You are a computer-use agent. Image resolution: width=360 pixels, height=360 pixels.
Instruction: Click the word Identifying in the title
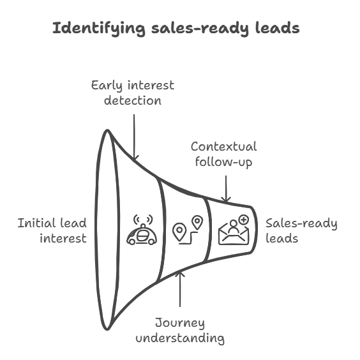click(99, 29)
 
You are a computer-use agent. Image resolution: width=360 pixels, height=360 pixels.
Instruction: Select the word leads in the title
click(278, 28)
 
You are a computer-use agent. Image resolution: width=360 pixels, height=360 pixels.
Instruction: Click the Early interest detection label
click(133, 93)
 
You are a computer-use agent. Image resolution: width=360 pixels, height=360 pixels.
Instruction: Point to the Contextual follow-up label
click(223, 154)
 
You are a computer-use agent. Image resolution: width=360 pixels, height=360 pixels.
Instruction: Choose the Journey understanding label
click(180, 331)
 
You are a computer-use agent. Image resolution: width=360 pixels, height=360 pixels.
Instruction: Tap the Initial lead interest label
click(52, 230)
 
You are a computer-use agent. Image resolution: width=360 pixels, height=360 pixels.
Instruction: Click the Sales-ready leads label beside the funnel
click(301, 230)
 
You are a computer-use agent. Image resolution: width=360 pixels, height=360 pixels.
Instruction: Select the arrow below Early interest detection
click(134, 137)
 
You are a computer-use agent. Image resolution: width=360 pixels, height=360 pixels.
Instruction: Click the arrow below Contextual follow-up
click(226, 189)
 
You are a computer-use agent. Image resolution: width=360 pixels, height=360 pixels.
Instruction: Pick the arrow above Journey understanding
click(180, 289)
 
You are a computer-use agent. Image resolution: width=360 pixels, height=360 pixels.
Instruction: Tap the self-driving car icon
click(142, 230)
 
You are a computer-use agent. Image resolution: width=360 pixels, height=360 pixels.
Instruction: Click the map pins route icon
click(188, 230)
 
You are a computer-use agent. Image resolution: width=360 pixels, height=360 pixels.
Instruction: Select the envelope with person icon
click(234, 230)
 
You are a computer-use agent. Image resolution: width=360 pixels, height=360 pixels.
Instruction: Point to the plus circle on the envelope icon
click(244, 220)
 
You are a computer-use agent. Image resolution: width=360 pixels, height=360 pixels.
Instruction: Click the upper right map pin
click(197, 222)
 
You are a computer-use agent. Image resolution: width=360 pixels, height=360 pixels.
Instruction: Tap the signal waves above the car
click(143, 220)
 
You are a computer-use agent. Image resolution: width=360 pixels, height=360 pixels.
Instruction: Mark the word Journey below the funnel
click(180, 324)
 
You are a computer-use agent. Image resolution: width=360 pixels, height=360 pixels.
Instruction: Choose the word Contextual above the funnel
click(223, 146)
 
